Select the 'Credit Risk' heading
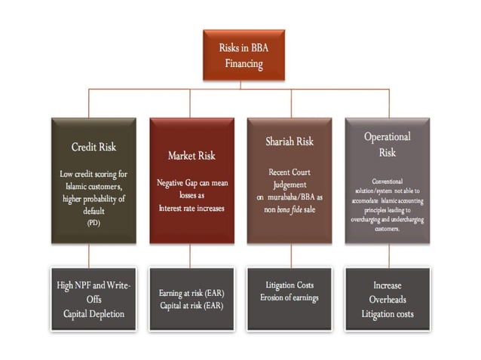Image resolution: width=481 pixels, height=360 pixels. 93,146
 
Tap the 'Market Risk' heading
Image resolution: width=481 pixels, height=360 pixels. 191,156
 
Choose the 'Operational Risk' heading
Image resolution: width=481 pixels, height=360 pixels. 387,144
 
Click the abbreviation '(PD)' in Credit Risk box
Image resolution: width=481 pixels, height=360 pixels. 93,224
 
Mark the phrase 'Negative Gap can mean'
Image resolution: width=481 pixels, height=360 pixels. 191,183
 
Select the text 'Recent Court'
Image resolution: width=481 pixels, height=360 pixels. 289,172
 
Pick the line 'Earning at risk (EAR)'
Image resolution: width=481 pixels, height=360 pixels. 191,292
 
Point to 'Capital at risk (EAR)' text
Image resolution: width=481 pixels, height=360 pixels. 191,305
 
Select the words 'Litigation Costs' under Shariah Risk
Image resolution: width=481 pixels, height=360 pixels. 289,285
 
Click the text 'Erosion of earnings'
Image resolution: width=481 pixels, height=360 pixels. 289,297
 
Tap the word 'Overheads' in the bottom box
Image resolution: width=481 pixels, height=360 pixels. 387,299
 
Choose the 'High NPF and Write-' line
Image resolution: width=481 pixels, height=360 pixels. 93,285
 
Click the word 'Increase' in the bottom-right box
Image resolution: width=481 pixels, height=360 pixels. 387,285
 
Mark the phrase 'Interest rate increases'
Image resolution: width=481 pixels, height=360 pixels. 191,208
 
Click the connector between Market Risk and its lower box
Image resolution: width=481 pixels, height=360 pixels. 191,255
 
